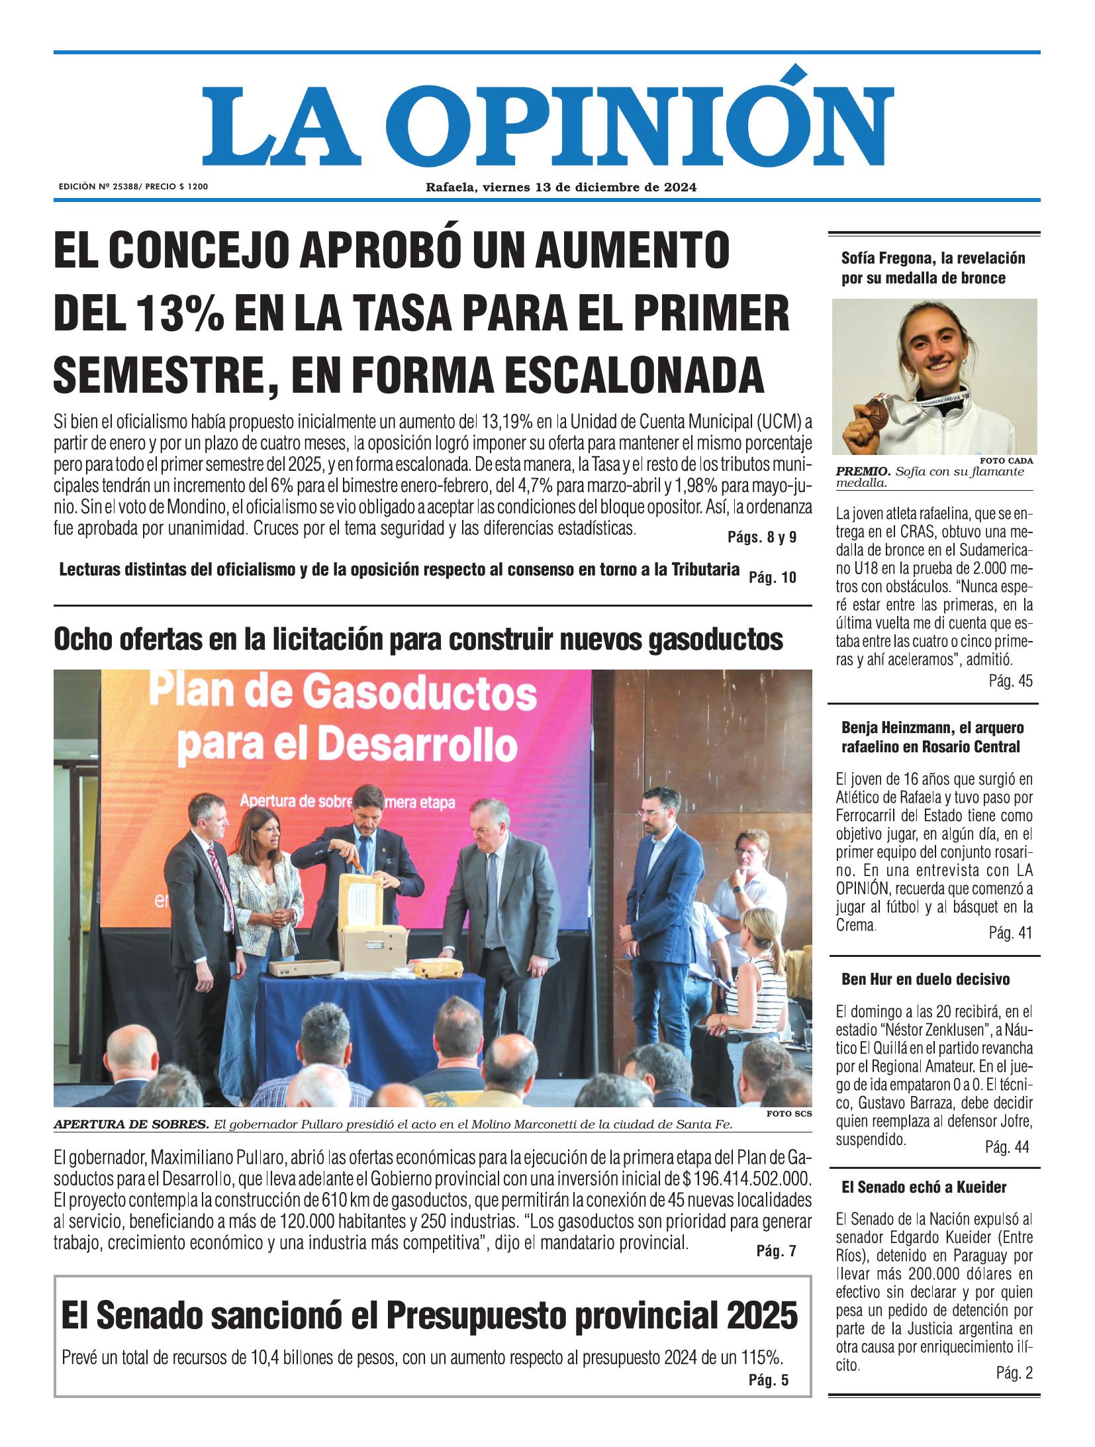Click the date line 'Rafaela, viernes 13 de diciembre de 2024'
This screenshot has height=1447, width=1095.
coord(560,187)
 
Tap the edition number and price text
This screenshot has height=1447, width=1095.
coord(133,187)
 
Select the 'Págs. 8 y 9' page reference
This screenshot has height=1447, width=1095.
coord(761,538)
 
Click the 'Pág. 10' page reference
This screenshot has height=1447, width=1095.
coord(772,577)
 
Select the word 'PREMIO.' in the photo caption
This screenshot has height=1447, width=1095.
coord(863,472)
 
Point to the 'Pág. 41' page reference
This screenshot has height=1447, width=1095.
coord(1010,933)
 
